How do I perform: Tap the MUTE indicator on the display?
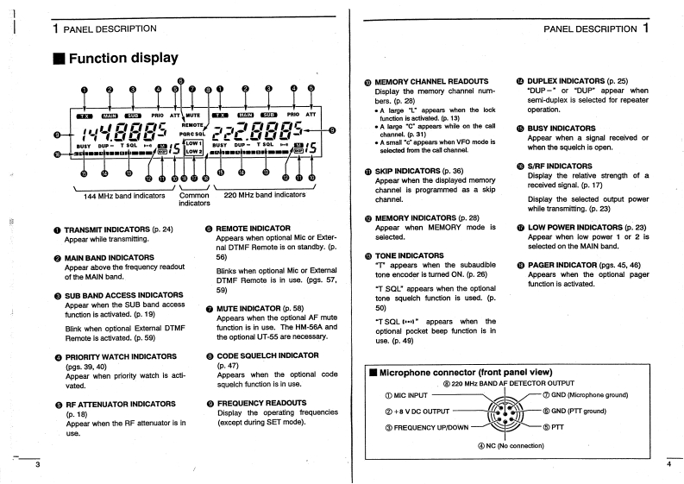click(192, 114)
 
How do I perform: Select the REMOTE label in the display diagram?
click(192, 125)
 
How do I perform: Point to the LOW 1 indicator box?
click(193, 143)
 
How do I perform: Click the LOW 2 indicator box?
click(193, 153)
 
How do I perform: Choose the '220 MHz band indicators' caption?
click(265, 195)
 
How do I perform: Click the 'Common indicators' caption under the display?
click(194, 199)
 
